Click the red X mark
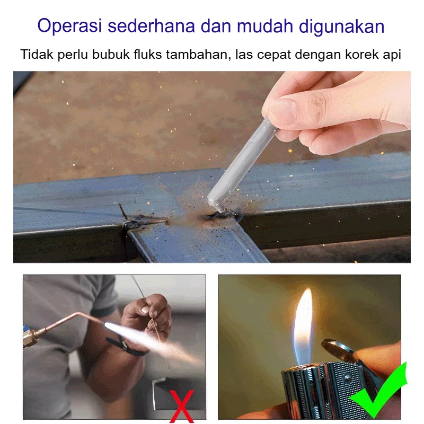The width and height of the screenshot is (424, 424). [182, 405]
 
